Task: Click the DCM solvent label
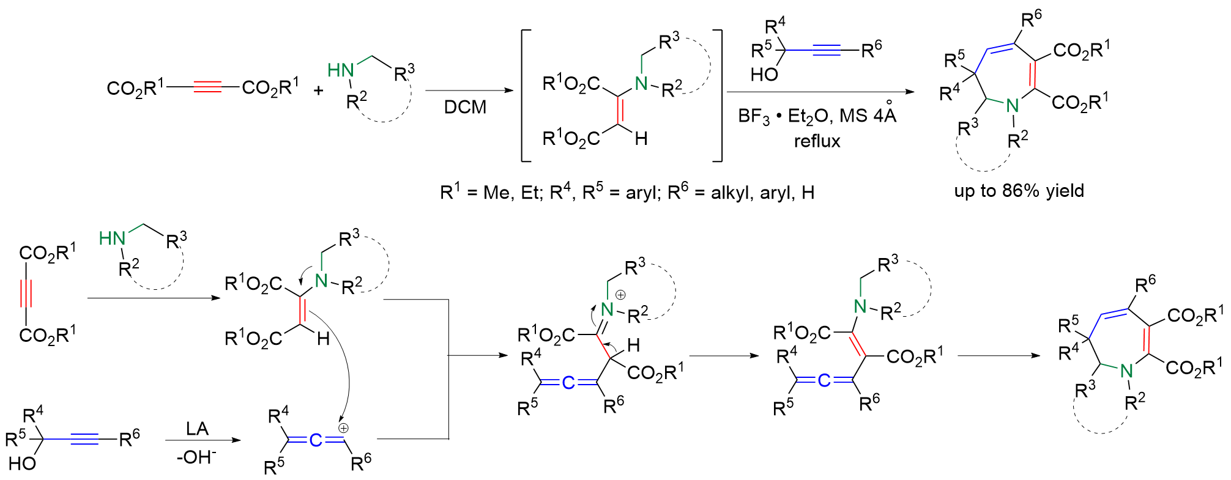tap(465, 108)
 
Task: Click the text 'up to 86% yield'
tap(1019, 191)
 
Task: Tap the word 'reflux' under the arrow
tap(817, 141)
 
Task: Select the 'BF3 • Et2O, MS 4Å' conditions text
tap(817, 115)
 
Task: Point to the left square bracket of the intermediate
tap(525, 95)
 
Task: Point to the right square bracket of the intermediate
tap(718, 95)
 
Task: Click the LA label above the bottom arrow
tap(197, 429)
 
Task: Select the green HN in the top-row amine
tap(341, 71)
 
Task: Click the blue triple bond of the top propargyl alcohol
tap(827, 50)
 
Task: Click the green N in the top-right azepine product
tap(1013, 106)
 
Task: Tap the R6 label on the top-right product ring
tap(1031, 19)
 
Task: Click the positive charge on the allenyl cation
tap(343, 428)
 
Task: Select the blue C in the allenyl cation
tap(315, 440)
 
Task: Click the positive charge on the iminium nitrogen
tap(620, 295)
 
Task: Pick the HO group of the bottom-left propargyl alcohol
tap(22, 463)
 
